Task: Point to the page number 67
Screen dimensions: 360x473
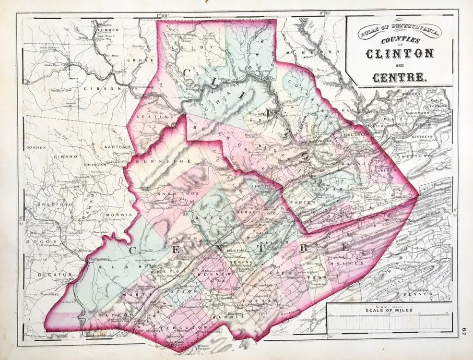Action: coord(463,331)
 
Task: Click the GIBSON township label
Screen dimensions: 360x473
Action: coord(107,88)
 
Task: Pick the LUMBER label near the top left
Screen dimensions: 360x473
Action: coord(107,30)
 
